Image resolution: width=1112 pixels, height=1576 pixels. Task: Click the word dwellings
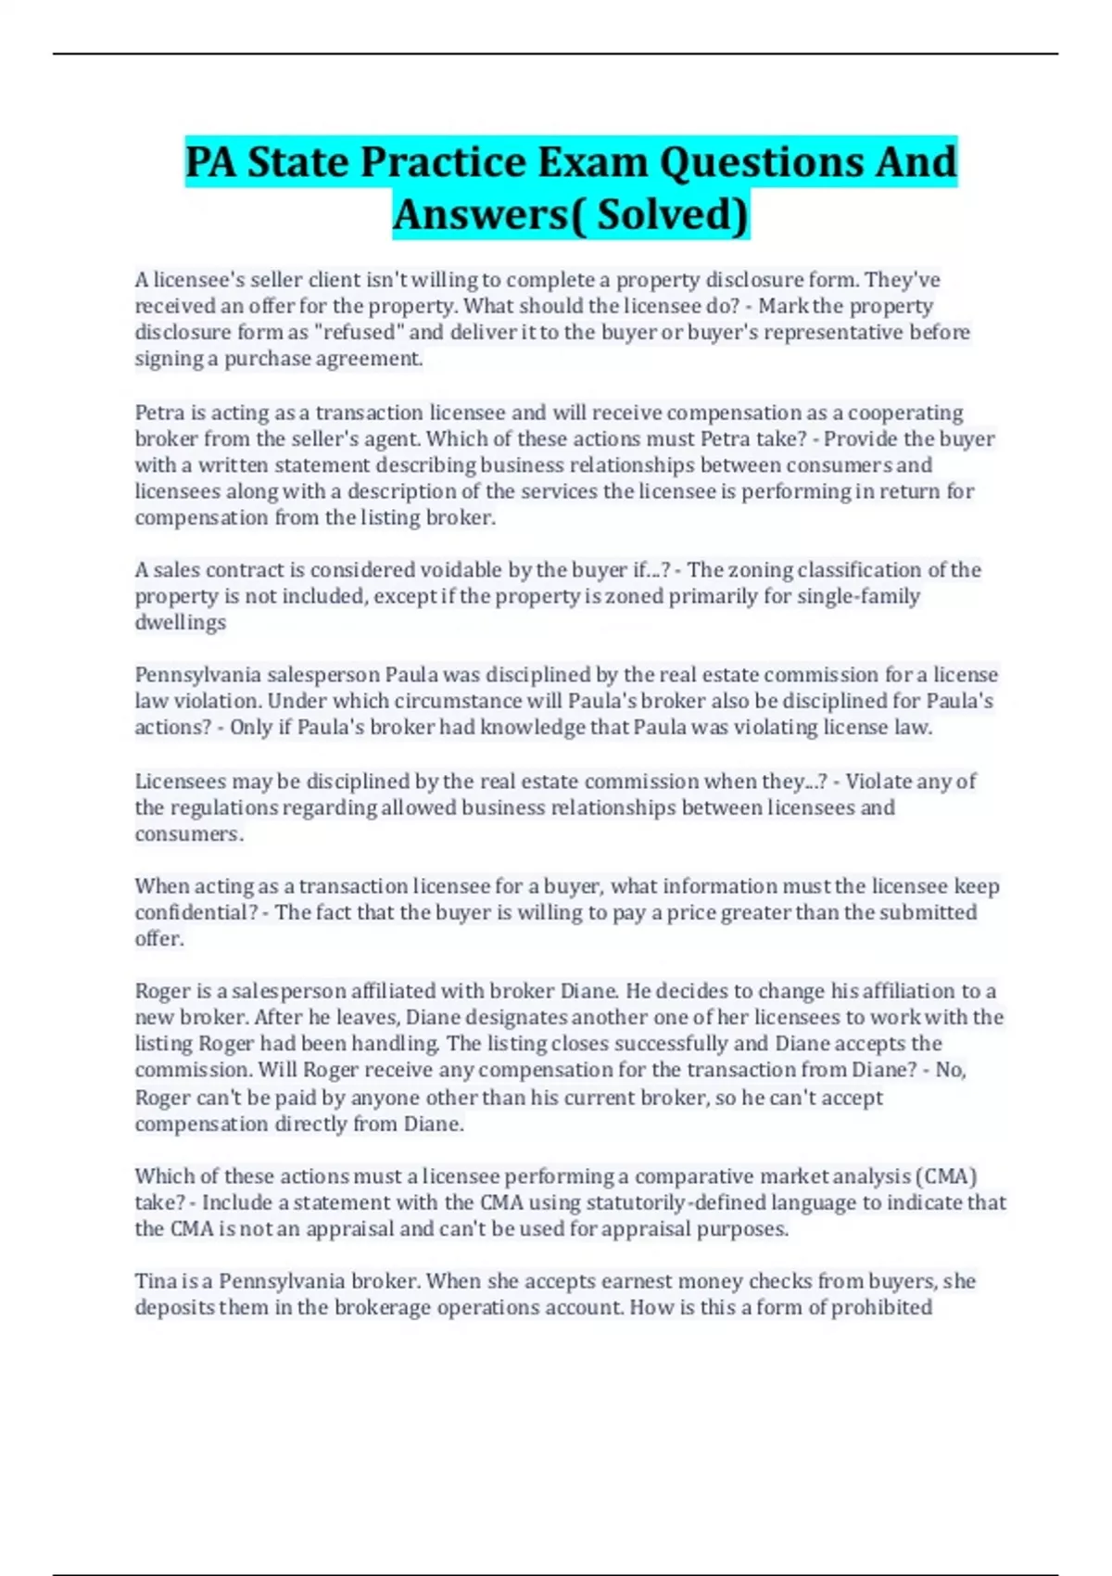[x=181, y=622]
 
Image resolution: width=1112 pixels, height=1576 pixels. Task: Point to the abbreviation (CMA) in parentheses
[x=945, y=1176]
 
